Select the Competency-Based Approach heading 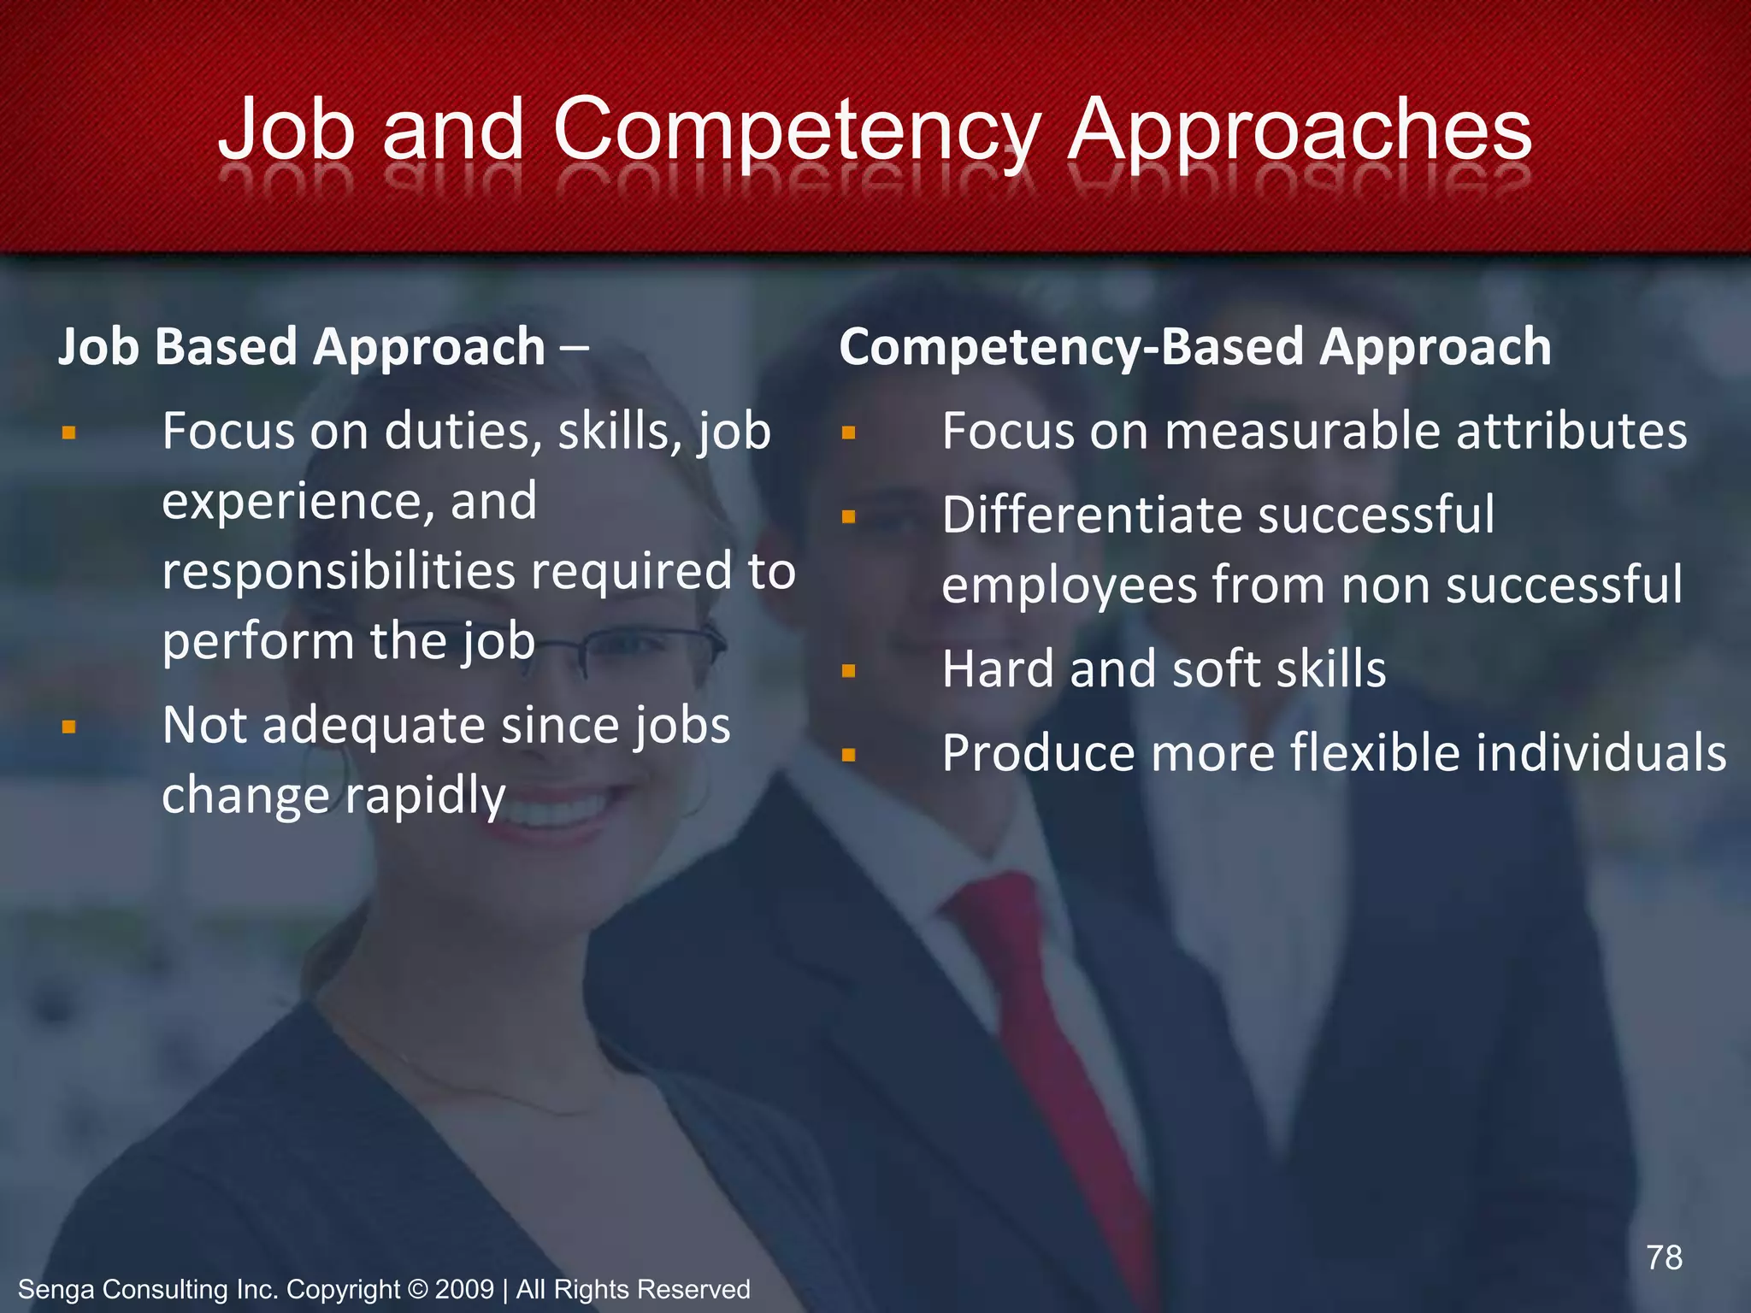[x=1194, y=347]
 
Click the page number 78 [x=1664, y=1257]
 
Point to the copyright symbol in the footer [x=417, y=1289]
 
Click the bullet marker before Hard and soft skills [x=848, y=671]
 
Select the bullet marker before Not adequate [x=69, y=727]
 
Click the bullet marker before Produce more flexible [x=848, y=755]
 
